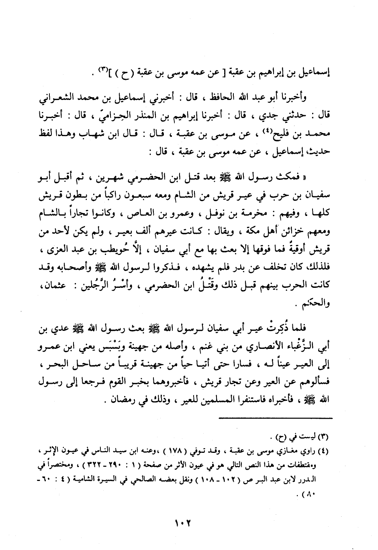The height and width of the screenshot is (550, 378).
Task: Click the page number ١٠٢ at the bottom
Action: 182,523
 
